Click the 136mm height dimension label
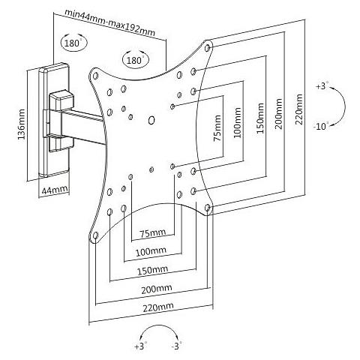[22, 124]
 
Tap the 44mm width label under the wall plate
[55, 190]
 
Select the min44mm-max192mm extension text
[109, 22]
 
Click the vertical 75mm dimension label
[217, 128]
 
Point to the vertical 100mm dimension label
[238, 122]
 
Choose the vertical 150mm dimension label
[260, 118]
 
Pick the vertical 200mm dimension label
[279, 114]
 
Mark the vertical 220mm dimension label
[299, 109]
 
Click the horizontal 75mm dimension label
[152, 233]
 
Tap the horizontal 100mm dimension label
[151, 251]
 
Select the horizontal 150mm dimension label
[152, 270]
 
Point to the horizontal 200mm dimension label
[157, 289]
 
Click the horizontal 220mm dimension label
[158, 307]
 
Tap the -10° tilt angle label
[321, 126]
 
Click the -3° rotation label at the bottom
[176, 346]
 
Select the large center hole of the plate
[151, 120]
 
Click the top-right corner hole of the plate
[207, 47]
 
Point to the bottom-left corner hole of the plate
[95, 235]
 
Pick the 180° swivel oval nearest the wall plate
[74, 42]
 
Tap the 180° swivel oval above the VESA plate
[135, 59]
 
